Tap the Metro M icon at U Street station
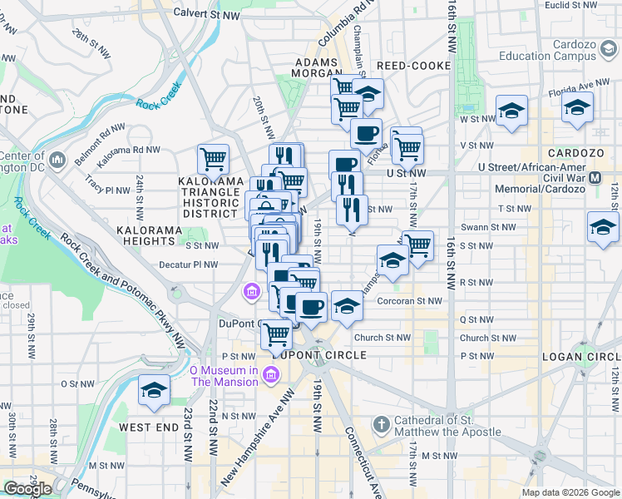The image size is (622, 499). (595, 178)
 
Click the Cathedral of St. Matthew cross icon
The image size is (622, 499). (382, 425)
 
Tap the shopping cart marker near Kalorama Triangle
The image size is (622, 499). (214, 157)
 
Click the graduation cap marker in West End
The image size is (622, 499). (154, 391)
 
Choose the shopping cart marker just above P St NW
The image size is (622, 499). (276, 334)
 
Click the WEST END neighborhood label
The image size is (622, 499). (149, 427)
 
